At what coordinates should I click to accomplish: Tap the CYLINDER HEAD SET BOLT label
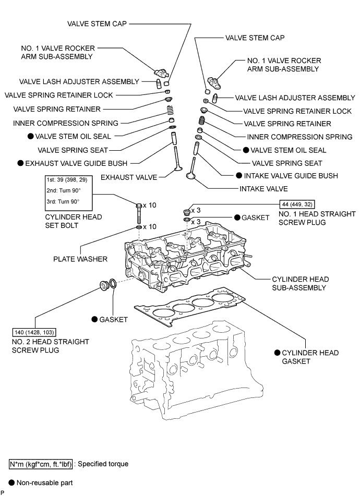(73, 221)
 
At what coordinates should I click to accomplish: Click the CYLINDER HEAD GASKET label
(310, 357)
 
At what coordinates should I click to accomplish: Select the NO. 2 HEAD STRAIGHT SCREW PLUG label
(51, 346)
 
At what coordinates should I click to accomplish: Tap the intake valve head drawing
(191, 176)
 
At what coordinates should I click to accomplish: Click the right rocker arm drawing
(214, 81)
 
